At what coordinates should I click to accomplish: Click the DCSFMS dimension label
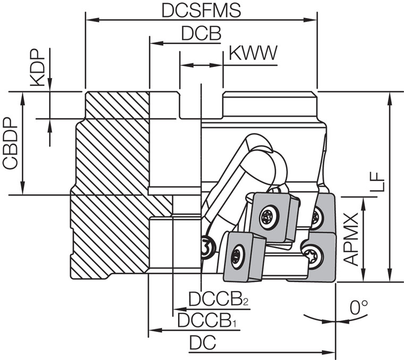click(x=200, y=10)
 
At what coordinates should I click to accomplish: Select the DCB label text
click(x=200, y=33)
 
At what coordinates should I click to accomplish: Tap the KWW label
click(x=253, y=53)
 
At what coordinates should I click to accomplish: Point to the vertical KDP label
click(x=37, y=69)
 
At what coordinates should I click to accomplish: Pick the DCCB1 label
click(x=205, y=320)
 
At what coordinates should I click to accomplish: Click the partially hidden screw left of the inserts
click(x=206, y=246)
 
